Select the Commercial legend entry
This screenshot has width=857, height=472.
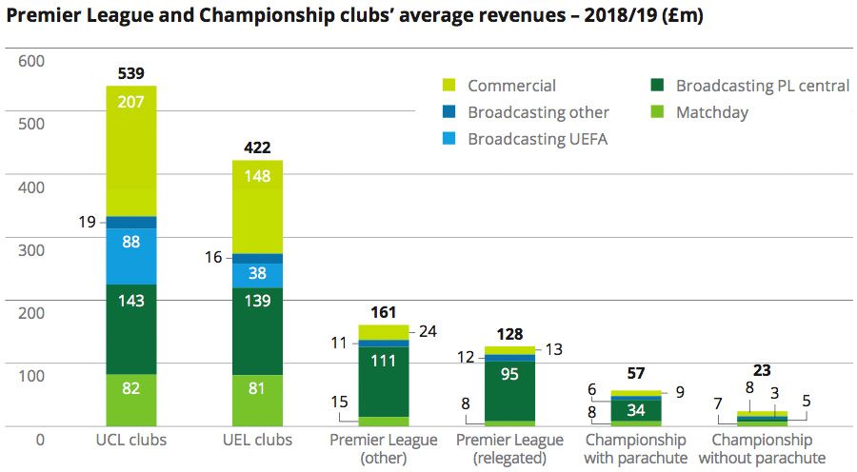pos(510,86)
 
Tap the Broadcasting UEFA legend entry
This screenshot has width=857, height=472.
pos(537,139)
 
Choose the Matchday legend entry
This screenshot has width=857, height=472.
pos(711,112)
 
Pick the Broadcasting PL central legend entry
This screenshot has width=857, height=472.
pos(762,86)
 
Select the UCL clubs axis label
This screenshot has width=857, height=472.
pos(131,441)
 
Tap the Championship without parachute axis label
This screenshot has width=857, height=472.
pos(762,448)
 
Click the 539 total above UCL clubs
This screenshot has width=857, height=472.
pos(131,72)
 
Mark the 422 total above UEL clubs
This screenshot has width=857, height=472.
pos(258,147)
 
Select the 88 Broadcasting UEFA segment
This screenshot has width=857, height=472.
pos(131,242)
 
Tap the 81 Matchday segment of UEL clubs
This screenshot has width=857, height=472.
pos(258,388)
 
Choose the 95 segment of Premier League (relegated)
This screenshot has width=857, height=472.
pos(510,374)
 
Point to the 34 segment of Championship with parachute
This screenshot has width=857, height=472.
pos(636,410)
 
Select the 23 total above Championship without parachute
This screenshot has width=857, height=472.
pos(762,371)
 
